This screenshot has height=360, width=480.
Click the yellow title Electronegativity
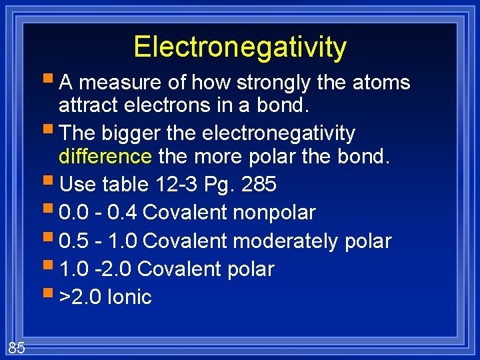point(240,47)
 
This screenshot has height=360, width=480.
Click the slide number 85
point(17,347)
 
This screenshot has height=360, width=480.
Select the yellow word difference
point(105,156)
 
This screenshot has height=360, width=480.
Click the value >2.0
point(80,297)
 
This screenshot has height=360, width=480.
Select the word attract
point(85,105)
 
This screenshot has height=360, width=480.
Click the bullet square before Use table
point(51,182)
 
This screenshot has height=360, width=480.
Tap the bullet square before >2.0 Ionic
point(51,295)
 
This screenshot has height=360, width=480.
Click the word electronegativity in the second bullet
point(279,133)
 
